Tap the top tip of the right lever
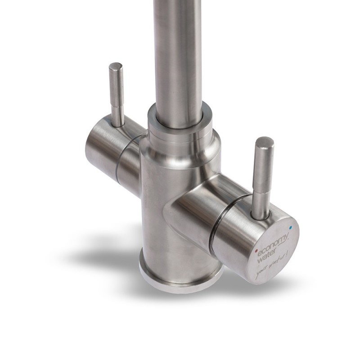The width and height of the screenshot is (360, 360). coord(264,141)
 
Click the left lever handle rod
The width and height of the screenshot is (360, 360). coord(117,94)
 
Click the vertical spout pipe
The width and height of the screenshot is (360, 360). coord(178,54)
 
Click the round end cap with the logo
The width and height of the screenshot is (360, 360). coord(272,252)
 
